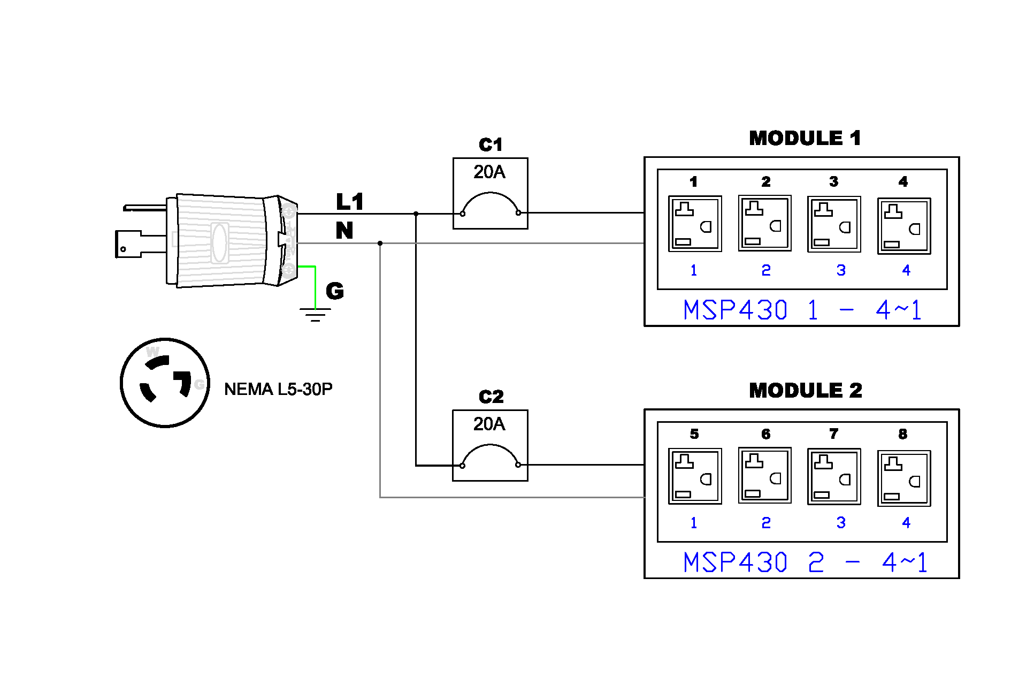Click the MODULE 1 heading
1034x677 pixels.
point(805,138)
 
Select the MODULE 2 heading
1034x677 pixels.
point(805,390)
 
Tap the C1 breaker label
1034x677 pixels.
point(491,144)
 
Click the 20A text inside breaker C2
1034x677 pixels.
point(489,424)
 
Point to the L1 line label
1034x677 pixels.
point(350,202)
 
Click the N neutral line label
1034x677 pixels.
point(344,231)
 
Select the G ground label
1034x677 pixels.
point(335,291)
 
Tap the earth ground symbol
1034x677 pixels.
point(315,315)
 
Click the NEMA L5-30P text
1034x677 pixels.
point(278,389)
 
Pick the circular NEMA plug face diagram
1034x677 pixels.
point(165,383)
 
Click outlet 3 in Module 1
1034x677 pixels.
point(834,224)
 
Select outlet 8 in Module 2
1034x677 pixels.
point(904,478)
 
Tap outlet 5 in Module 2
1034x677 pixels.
point(695,476)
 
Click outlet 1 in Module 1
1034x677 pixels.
point(695,223)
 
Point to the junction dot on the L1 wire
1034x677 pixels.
point(416,214)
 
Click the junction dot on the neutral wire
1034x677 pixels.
point(380,243)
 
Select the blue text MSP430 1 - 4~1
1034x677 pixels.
point(802,310)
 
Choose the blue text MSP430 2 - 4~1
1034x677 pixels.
point(805,562)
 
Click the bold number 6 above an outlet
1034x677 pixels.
point(765,434)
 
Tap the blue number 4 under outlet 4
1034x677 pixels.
point(906,270)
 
